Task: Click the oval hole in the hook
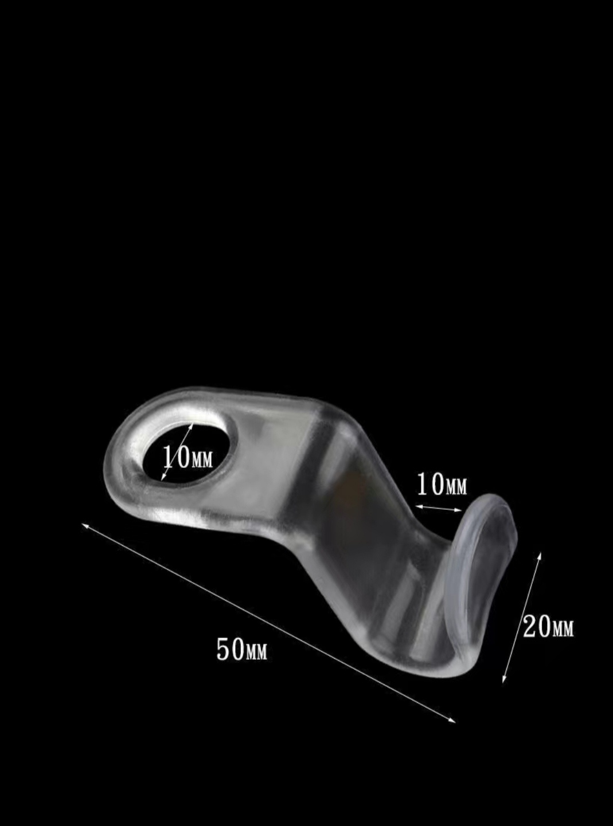191,453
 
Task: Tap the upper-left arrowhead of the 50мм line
84,525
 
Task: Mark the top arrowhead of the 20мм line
540,556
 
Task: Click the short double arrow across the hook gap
439,508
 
